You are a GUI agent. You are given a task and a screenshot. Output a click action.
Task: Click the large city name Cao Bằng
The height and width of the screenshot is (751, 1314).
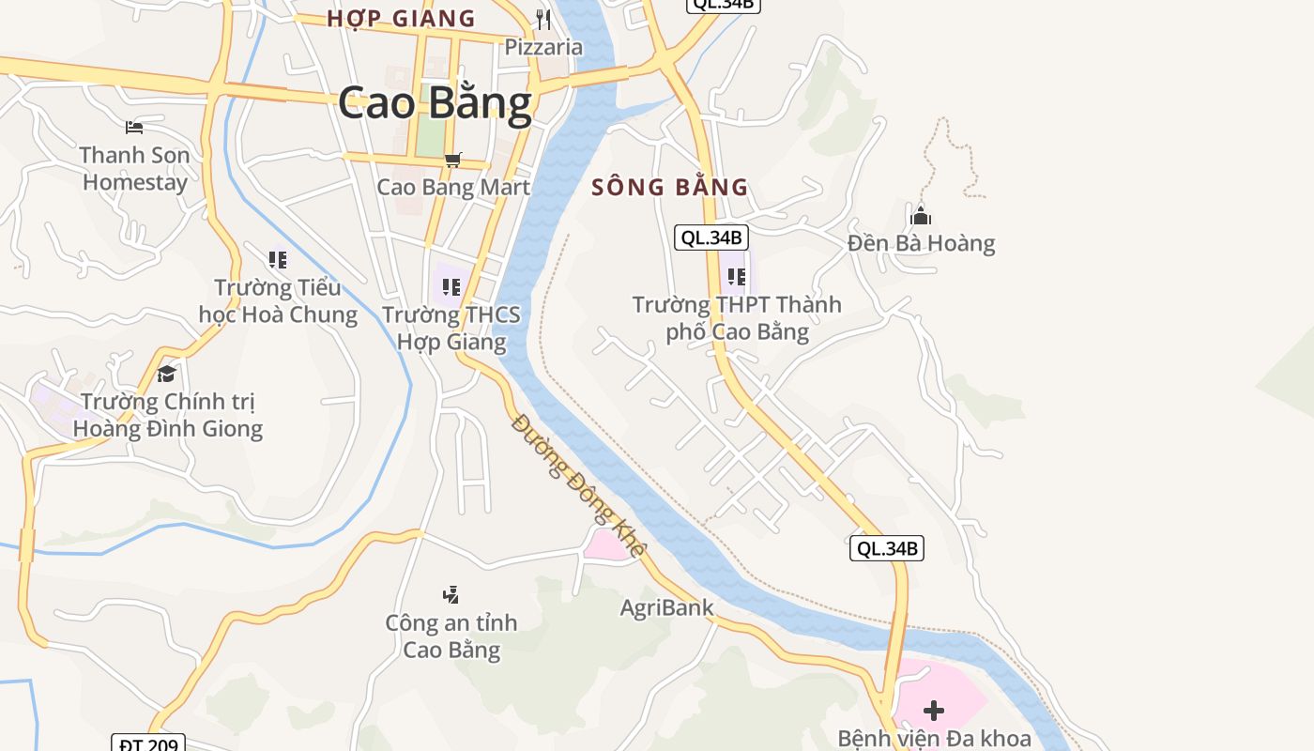pos(435,103)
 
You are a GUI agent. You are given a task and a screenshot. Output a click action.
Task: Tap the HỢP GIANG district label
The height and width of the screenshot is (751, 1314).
pos(401,18)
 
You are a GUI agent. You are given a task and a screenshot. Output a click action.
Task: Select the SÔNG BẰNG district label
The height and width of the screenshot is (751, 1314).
pos(670,187)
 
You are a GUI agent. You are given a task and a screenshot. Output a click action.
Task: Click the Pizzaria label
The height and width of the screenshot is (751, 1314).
pos(543,46)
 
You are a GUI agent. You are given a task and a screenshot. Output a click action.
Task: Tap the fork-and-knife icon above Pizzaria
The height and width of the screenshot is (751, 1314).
pos(543,19)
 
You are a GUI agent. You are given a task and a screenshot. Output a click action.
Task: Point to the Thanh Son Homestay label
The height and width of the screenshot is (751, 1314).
pos(135,168)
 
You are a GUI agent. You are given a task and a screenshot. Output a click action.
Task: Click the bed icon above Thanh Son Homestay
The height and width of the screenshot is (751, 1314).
pos(134,127)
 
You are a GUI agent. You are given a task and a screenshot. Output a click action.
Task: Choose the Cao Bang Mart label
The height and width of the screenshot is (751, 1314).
pos(453,186)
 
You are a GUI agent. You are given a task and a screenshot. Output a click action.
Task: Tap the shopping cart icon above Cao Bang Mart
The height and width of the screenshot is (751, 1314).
pos(453,160)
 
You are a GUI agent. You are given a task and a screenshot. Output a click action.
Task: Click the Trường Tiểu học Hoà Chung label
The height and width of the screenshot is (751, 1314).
pos(278,300)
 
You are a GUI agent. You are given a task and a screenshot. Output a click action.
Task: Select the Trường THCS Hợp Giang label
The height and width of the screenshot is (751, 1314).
pos(451,328)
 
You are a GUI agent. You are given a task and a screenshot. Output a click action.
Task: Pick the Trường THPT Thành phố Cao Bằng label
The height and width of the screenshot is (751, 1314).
pos(737,317)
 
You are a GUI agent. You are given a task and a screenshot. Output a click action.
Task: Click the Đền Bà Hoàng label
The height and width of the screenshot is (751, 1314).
pos(921,243)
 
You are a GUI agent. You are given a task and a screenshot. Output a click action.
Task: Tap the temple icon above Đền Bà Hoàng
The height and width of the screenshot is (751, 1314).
pos(921,216)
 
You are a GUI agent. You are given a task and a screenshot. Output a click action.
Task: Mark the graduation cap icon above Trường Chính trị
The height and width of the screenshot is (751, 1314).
pos(167,374)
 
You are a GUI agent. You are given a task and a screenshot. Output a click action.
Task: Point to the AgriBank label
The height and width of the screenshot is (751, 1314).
pos(666,607)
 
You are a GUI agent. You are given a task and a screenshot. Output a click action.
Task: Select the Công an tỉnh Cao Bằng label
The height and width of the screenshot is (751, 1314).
pos(451,636)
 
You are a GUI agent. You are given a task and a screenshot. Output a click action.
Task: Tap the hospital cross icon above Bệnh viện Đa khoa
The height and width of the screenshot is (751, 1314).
pos(933,710)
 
